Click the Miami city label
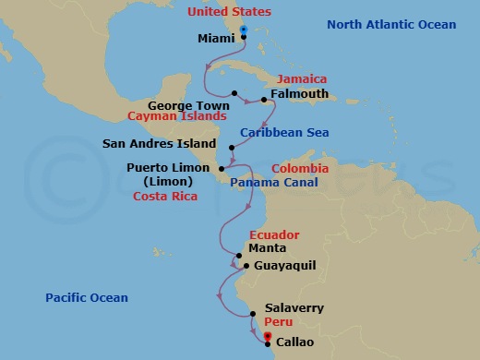(217, 39)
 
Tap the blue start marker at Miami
(243, 30)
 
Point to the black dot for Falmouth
(265, 99)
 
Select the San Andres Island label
(160, 144)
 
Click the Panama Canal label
(274, 183)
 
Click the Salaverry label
(294, 308)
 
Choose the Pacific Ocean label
(87, 297)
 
